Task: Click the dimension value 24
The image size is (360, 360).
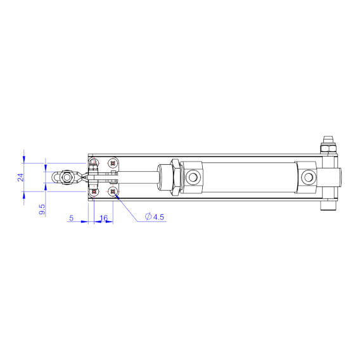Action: pos(20,177)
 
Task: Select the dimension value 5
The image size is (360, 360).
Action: pos(71,218)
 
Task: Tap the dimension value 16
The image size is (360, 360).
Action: pos(104,218)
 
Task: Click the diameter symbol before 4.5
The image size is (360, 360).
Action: pos(148,217)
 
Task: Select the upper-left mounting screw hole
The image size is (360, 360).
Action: pos(94,163)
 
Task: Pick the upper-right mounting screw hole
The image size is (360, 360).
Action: pos(113,163)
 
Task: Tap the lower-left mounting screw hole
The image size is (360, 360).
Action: pos(94,191)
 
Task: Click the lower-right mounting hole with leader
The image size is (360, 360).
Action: pos(113,191)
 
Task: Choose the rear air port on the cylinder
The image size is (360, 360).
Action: pos(308,176)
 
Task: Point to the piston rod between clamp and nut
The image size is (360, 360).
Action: pos(139,177)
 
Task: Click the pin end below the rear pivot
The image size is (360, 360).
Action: pos(328,207)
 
